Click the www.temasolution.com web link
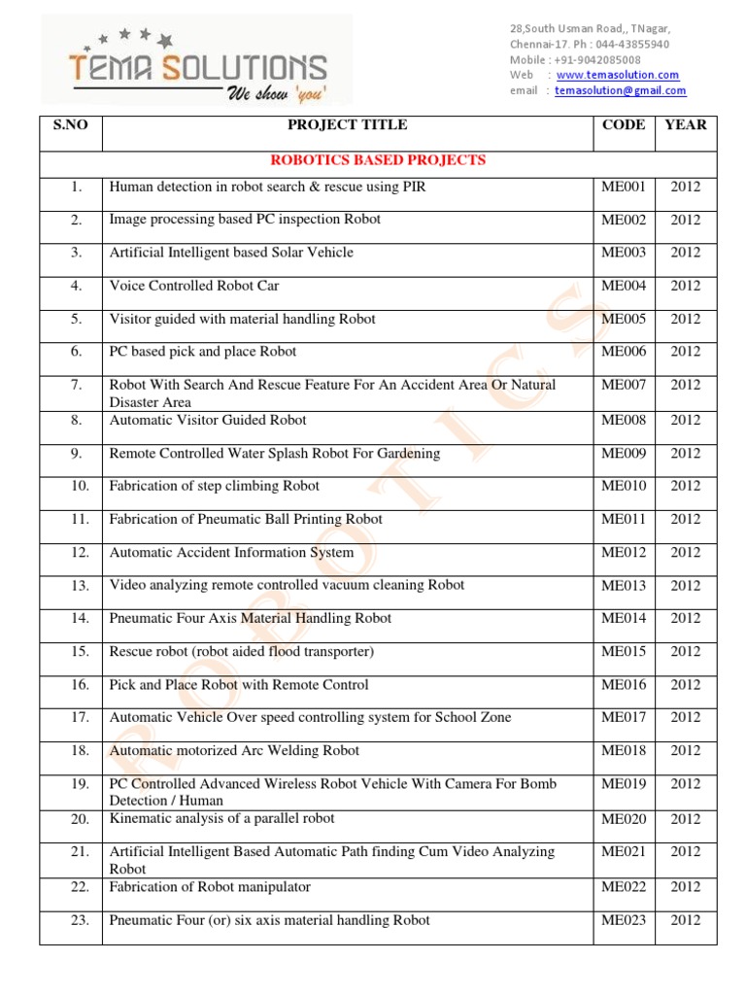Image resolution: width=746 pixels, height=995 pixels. (618, 75)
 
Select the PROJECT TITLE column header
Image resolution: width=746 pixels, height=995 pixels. (347, 124)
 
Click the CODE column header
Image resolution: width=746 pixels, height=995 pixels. (624, 124)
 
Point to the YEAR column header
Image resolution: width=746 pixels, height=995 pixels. (685, 124)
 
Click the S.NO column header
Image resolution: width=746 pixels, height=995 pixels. (70, 124)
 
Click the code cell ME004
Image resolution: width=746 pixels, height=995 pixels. (624, 286)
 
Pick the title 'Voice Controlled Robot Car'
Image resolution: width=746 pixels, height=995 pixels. (194, 286)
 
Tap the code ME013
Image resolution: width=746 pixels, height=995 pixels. (624, 585)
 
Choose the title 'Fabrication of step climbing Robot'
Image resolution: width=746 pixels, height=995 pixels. (215, 486)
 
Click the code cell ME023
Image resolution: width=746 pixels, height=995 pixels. (624, 919)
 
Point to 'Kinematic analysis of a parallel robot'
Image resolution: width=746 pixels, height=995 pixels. (222, 818)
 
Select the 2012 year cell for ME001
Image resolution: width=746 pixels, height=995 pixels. (685, 187)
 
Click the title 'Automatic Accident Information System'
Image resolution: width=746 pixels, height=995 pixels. (231, 552)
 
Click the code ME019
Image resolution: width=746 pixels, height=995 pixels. (624, 783)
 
